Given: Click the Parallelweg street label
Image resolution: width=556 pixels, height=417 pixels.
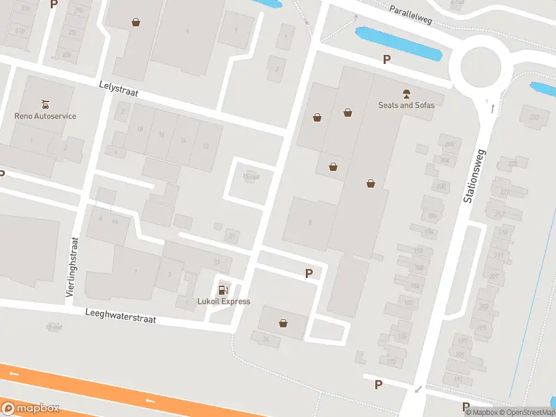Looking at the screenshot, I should (x=411, y=15).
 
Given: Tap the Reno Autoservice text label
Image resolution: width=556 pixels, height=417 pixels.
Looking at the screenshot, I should (x=45, y=116).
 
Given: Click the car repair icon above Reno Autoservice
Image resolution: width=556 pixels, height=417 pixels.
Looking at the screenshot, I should (x=45, y=104).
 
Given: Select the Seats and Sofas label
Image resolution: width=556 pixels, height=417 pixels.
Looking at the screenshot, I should (x=406, y=105).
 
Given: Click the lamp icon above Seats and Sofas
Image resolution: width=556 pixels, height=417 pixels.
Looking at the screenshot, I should (x=406, y=93).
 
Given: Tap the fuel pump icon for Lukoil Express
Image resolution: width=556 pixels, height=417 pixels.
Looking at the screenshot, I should (x=223, y=290).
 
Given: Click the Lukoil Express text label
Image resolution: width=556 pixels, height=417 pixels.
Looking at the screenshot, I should (x=223, y=302).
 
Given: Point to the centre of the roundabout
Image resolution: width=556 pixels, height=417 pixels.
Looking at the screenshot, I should (x=475, y=68).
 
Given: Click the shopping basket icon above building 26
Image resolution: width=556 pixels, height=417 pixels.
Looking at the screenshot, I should (x=283, y=322).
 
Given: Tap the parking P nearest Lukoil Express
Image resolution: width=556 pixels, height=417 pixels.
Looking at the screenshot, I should (x=309, y=274).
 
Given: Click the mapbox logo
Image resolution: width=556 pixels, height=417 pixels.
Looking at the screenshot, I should (x=31, y=408).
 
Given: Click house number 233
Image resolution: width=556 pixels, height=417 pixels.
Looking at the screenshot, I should (x=534, y=117).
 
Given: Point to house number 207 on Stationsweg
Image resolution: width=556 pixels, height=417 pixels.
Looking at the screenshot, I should (x=494, y=276).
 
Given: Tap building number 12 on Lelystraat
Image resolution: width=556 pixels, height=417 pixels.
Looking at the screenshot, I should (x=205, y=146).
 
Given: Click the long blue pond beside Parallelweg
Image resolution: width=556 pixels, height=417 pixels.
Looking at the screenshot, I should (x=398, y=44).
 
